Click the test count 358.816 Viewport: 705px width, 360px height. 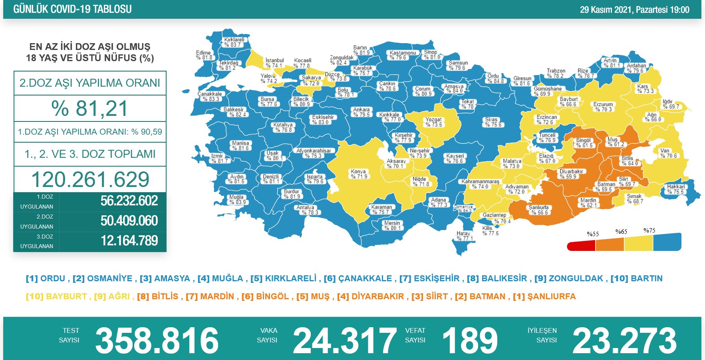(157, 341)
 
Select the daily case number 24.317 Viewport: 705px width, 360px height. (344, 341)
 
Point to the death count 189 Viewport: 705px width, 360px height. (470, 341)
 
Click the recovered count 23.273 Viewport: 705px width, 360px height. (624, 341)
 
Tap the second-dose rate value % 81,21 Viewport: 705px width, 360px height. (90, 108)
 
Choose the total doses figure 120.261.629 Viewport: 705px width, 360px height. (90, 179)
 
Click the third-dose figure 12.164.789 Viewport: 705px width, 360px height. (129, 241)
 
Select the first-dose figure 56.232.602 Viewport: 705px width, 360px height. (129, 201)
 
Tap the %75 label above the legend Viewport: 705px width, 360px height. (649, 231)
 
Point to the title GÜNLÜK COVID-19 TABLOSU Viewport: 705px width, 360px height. (72, 9)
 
